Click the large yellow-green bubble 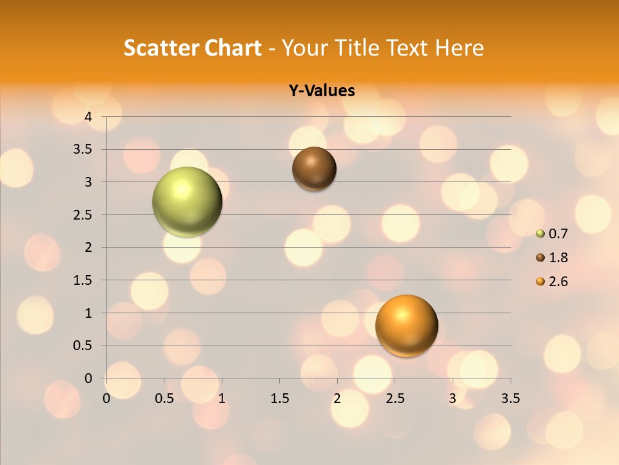tap(187, 201)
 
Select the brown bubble tap(314, 169)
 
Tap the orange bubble tap(406, 325)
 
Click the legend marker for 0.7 tap(540, 234)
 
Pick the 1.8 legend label tap(558, 258)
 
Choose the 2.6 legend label tap(558, 282)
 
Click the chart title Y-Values tap(322, 90)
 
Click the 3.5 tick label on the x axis tap(510, 398)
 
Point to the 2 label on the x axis tap(337, 398)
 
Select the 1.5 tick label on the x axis tap(279, 398)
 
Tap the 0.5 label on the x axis tap(164, 398)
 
